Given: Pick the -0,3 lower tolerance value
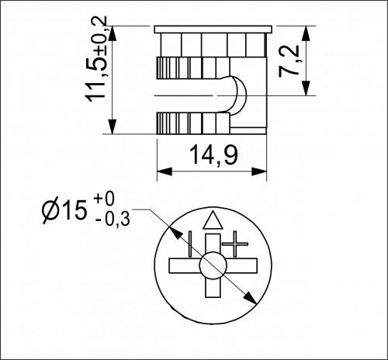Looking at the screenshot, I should (113, 220).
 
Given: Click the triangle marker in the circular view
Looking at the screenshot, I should (212, 220).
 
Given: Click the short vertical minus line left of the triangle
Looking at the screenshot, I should (189, 241).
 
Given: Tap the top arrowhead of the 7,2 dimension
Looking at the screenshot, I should (308, 31).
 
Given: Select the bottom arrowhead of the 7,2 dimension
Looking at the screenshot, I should (308, 91).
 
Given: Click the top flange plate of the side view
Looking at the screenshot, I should (213, 29).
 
